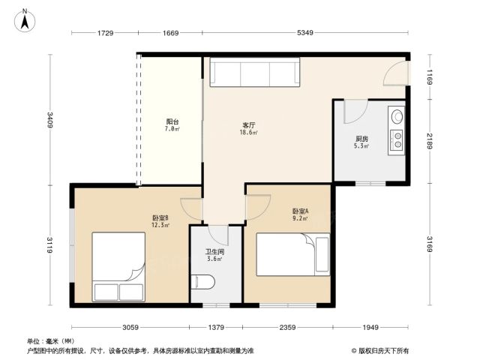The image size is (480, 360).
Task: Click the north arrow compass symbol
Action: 25,20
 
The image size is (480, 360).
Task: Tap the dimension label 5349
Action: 305,33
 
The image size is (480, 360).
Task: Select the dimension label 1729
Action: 105,33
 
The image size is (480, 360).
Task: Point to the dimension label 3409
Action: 50,120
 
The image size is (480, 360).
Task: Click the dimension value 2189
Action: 430,141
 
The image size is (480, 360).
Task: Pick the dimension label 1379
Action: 216,327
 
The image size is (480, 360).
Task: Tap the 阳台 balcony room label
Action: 172,121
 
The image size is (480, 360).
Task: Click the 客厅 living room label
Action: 248,125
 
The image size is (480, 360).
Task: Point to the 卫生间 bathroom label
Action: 214,252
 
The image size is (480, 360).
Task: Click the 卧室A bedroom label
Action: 300,211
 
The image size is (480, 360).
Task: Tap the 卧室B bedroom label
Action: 160,218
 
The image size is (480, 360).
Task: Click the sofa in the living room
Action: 255,72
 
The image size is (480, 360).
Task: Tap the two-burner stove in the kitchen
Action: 397,140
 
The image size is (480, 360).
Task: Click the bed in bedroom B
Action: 118,267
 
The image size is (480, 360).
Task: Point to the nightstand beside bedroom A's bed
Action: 322,254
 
